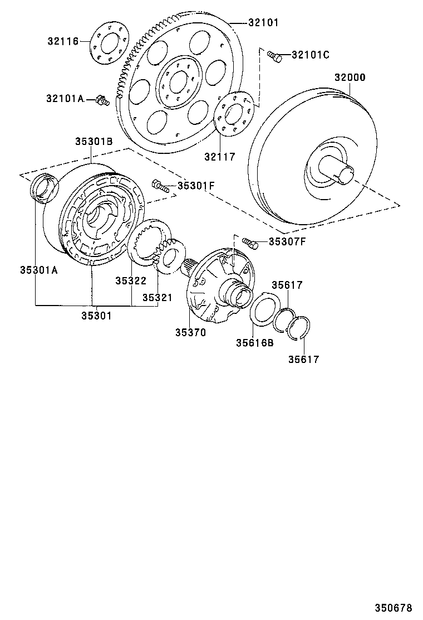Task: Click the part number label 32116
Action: [x=63, y=41]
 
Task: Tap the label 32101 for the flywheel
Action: [x=263, y=23]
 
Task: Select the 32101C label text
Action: [x=311, y=55]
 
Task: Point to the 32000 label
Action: [x=350, y=77]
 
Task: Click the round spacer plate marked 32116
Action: [x=109, y=43]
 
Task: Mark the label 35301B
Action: [x=94, y=142]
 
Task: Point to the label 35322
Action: [x=131, y=281]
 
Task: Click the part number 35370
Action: [x=190, y=332]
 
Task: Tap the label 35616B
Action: [x=254, y=342]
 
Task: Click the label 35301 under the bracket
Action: [x=96, y=315]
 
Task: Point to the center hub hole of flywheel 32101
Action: [x=179, y=83]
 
